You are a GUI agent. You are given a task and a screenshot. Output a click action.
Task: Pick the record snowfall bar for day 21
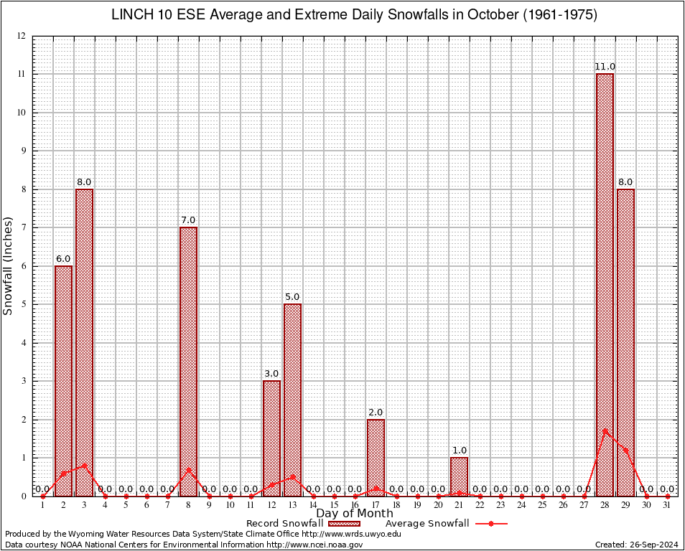click(x=459, y=476)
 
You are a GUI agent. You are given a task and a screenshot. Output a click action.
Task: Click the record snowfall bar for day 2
click(x=63, y=381)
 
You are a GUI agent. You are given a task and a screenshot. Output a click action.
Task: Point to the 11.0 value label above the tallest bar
click(x=605, y=67)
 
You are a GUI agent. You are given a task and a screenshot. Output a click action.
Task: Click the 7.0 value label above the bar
click(x=188, y=220)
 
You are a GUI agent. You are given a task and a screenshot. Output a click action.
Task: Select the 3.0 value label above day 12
click(x=271, y=374)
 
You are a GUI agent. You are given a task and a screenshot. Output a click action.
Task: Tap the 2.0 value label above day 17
click(x=376, y=413)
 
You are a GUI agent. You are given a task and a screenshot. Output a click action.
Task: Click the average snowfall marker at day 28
click(x=605, y=430)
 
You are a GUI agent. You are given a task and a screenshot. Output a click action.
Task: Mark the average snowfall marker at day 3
click(x=84, y=465)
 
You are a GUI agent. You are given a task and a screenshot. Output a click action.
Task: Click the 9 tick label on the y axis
click(x=23, y=151)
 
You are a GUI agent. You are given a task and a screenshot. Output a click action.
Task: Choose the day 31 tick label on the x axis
click(x=667, y=505)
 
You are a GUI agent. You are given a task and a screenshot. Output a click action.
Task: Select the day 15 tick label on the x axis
click(x=334, y=505)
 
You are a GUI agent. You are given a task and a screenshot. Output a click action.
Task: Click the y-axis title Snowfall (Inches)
click(x=9, y=266)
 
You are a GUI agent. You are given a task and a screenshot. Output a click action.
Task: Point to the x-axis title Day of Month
click(x=354, y=513)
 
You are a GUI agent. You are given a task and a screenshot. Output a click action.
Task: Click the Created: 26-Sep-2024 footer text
click(x=635, y=545)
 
